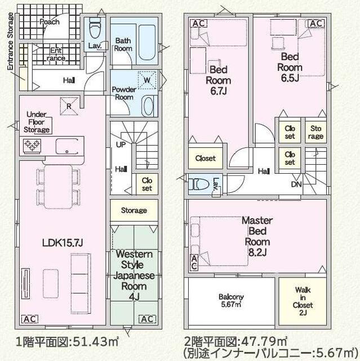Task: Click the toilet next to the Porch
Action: pyautogui.click(x=94, y=26)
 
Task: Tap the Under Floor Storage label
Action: pyautogui.click(x=37, y=122)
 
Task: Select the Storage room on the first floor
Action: pyautogui.click(x=134, y=210)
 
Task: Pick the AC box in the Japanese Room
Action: pyautogui.click(x=147, y=319)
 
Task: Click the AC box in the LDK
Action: pyautogui.click(x=29, y=319)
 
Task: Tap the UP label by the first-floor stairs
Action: pyautogui.click(x=121, y=144)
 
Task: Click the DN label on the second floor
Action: pyautogui.click(x=296, y=184)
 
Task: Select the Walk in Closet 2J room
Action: pyautogui.click(x=303, y=300)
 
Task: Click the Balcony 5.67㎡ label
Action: pyautogui.click(x=231, y=300)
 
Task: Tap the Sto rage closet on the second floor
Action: pyautogui.click(x=315, y=133)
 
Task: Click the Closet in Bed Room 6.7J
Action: pyautogui.click(x=206, y=159)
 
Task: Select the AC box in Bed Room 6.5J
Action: pyautogui.click(x=316, y=23)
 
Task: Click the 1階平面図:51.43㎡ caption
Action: pyautogui.click(x=66, y=342)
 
